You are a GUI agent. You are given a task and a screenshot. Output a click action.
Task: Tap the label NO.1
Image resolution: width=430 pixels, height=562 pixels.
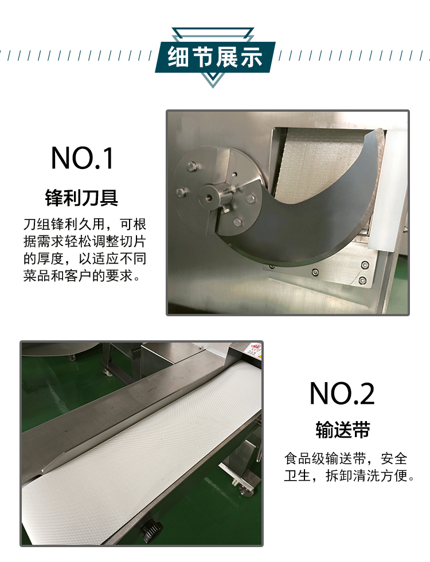(83, 158)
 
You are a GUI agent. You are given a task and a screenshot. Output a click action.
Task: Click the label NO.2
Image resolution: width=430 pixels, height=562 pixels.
(342, 394)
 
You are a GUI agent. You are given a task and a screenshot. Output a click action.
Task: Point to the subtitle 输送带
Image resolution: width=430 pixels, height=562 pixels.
(342, 430)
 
